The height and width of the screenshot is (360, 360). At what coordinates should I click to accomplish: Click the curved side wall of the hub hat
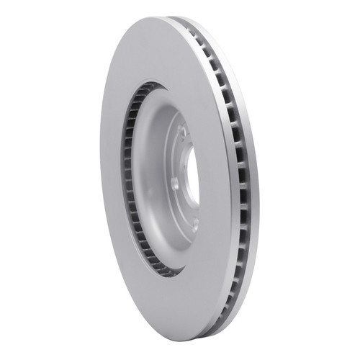[x=148, y=180]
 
